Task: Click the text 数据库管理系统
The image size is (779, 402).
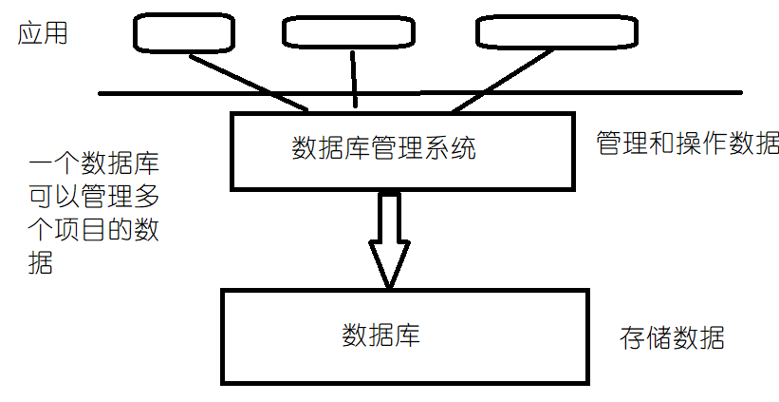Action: (x=384, y=148)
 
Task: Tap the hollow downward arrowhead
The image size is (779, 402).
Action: (x=389, y=258)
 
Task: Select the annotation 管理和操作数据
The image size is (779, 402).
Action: (x=687, y=144)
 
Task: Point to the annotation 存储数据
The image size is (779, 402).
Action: (x=673, y=338)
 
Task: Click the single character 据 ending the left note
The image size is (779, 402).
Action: (x=41, y=263)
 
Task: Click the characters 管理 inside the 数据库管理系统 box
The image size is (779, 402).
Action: (x=397, y=148)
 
